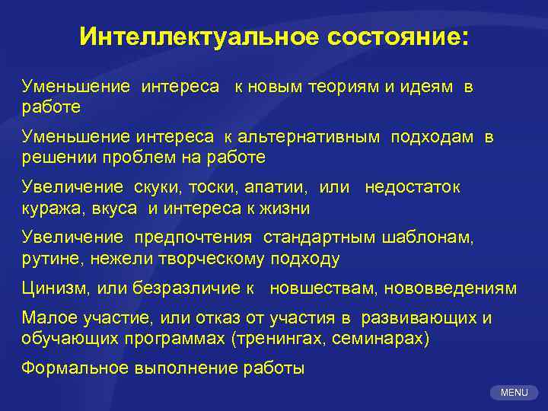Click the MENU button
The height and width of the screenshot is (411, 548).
coord(515,393)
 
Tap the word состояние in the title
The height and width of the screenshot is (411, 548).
coord(400,37)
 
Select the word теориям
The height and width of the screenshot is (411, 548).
coord(343,88)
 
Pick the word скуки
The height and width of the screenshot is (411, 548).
coord(157,187)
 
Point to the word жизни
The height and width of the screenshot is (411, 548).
coord(288,208)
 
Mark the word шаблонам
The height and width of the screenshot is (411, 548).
coord(427,237)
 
